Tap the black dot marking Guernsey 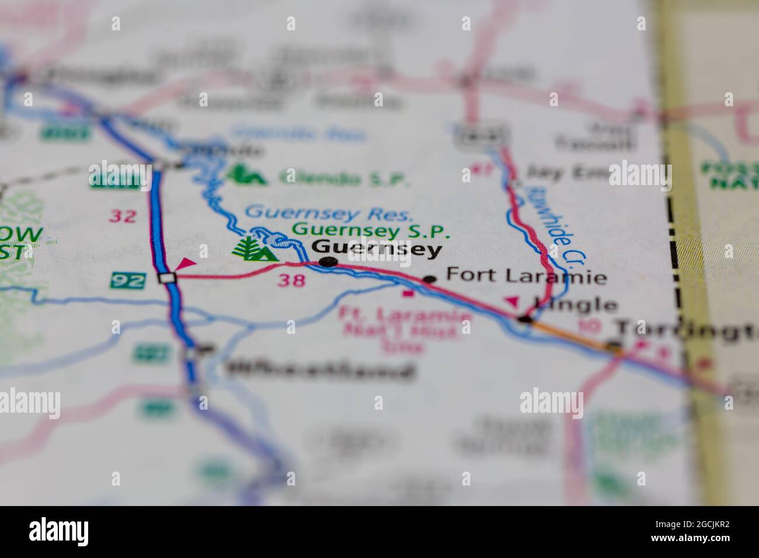pyautogui.click(x=329, y=262)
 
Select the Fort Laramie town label pyautogui.click(x=526, y=275)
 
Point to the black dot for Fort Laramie pyautogui.click(x=430, y=280)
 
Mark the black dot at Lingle pyautogui.click(x=525, y=319)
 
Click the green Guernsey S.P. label pyautogui.click(x=371, y=231)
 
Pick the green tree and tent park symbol pyautogui.click(x=255, y=249)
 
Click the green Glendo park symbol pyautogui.click(x=246, y=175)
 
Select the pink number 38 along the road pyautogui.click(x=291, y=281)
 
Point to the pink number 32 pyautogui.click(x=124, y=216)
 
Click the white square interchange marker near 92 pyautogui.click(x=168, y=278)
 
